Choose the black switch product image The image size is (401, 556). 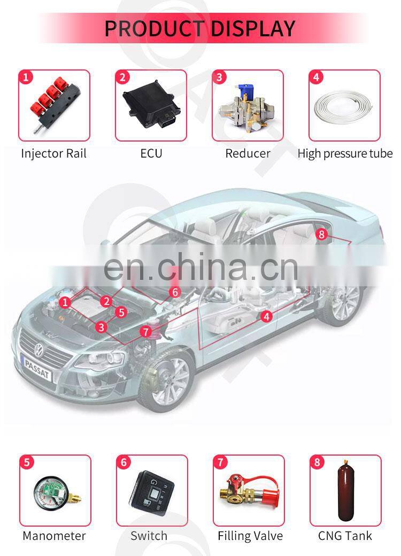(x=152, y=489)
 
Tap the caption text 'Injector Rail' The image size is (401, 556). (x=53, y=153)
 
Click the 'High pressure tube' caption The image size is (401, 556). (x=345, y=153)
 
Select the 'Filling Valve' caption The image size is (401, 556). (x=250, y=536)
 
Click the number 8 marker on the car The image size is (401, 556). (x=321, y=234)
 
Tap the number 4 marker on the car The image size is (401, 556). (x=267, y=316)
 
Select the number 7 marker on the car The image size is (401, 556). (x=145, y=332)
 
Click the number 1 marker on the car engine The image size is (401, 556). (x=65, y=302)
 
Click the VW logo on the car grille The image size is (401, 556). (x=38, y=350)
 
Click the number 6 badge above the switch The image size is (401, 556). (x=124, y=463)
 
